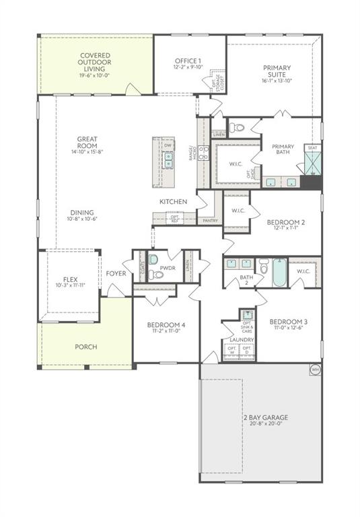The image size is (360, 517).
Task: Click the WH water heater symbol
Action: pos(315,368)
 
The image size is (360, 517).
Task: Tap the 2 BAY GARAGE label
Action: pos(261,417)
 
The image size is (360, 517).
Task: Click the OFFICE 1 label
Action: pos(189,61)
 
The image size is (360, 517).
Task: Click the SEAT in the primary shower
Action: pos(312,148)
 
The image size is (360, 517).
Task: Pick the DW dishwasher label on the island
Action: pos(168,145)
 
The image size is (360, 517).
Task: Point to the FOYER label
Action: pos(116,273)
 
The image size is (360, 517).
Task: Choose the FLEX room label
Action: pos(71,279)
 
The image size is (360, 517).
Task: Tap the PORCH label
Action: pos(85,347)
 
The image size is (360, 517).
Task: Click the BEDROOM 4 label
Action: pos(166,326)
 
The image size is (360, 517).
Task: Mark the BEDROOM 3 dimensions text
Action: pos(287,328)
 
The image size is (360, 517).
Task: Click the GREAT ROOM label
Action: pos(87,143)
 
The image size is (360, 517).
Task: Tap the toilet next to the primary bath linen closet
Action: pos(236,127)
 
